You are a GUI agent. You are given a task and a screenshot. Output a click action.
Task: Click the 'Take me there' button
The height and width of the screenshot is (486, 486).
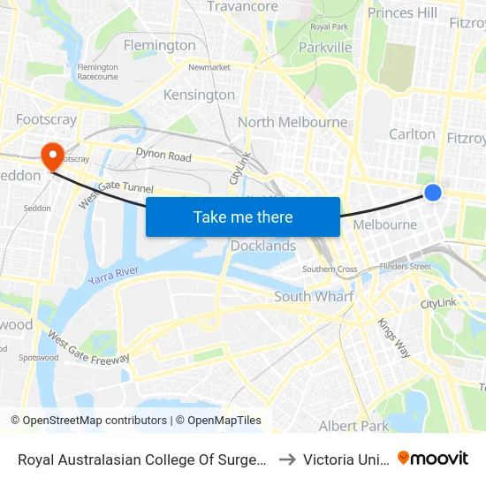click(243, 216)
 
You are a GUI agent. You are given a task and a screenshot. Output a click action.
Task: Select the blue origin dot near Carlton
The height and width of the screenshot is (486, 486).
click(433, 192)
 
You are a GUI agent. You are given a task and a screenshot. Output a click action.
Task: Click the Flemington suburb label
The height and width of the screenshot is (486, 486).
click(160, 45)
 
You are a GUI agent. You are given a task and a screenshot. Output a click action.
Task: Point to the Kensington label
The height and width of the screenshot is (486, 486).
click(200, 95)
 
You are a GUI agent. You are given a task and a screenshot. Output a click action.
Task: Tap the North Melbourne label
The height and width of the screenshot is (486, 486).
click(292, 122)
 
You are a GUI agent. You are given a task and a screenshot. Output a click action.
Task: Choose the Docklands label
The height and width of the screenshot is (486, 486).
click(263, 246)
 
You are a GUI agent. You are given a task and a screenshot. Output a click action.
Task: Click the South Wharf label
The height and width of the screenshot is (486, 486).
click(314, 296)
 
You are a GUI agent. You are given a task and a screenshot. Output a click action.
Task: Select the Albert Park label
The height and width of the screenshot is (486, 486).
click(353, 426)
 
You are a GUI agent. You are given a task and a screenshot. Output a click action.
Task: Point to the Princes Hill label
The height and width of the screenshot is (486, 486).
click(402, 12)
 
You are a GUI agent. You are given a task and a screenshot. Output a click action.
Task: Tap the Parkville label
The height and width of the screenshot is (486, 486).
click(325, 47)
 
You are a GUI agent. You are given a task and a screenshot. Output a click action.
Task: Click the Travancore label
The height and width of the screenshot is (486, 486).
click(242, 7)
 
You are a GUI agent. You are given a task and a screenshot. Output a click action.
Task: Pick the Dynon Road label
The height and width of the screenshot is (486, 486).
click(163, 156)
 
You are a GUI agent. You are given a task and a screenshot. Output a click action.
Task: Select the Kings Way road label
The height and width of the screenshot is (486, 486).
click(393, 338)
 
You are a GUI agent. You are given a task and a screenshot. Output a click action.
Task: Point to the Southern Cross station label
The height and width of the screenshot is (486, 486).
click(330, 269)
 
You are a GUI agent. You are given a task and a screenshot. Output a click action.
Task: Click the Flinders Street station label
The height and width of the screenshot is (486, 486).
click(405, 266)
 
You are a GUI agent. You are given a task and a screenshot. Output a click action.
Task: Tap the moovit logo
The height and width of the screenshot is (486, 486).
click(433, 459)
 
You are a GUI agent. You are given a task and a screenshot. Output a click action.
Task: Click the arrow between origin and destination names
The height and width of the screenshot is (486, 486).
click(286, 459)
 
